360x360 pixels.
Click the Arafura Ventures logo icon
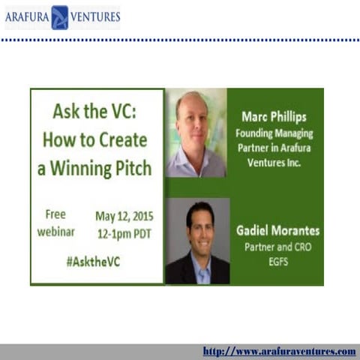click(59, 17)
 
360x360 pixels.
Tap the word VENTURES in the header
click(95, 17)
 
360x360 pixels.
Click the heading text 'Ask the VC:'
click(97, 112)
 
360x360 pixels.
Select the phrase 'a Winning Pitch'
click(94, 167)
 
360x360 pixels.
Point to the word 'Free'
click(55, 214)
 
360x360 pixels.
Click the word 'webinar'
click(56, 232)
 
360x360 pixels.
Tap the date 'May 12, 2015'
click(123, 216)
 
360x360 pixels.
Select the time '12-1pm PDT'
click(123, 233)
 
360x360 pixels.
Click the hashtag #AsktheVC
click(93, 262)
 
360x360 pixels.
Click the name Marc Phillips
click(274, 116)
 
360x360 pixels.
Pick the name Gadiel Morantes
click(278, 231)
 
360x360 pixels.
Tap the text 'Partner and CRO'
click(278, 247)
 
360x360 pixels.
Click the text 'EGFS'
click(278, 260)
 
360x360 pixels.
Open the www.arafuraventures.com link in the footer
click(279, 351)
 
